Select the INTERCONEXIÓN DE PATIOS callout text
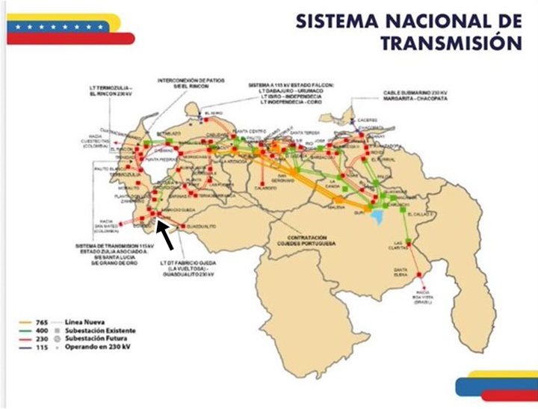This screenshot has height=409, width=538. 182,82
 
